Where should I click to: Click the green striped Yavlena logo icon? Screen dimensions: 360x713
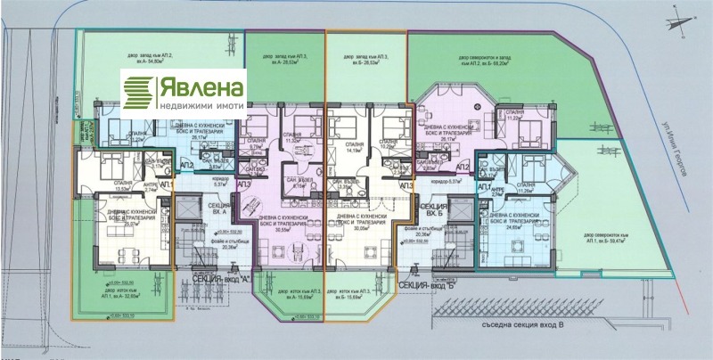[139, 91]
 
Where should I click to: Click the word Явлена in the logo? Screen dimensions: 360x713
[201, 87]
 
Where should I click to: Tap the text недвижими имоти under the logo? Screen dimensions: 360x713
[201, 104]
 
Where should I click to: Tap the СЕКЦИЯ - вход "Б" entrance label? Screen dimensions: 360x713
[428, 284]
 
